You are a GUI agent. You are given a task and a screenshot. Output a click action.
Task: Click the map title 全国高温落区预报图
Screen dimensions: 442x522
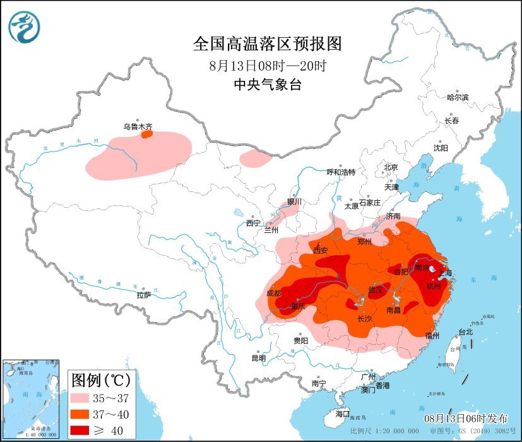click(x=267, y=44)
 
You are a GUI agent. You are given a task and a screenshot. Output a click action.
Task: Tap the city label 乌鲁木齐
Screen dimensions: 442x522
click(x=138, y=126)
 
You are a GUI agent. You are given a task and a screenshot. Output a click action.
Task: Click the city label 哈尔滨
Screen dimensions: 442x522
click(x=458, y=97)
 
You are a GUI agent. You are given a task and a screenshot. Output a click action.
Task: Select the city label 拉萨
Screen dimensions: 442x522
click(x=144, y=295)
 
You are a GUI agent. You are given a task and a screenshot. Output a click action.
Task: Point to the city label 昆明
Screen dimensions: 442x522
click(x=259, y=358)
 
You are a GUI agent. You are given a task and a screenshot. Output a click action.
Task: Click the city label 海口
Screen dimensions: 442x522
click(x=342, y=414)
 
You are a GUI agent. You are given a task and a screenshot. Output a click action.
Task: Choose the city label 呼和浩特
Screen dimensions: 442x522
click(x=341, y=172)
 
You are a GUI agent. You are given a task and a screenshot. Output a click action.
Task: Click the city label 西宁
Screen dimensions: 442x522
click(x=253, y=223)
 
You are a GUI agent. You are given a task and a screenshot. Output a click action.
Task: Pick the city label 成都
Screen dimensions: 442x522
click(x=274, y=293)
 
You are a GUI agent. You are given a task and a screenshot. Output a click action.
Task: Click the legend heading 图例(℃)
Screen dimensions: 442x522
click(x=100, y=380)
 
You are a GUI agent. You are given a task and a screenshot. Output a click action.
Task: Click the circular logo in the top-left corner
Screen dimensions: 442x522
click(x=24, y=27)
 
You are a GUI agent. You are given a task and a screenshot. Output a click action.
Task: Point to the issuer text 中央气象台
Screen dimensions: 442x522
click(x=267, y=85)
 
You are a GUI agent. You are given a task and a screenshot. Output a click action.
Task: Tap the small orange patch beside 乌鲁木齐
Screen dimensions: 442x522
click(x=146, y=134)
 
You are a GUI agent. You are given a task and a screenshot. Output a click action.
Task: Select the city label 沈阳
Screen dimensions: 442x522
click(x=440, y=148)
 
